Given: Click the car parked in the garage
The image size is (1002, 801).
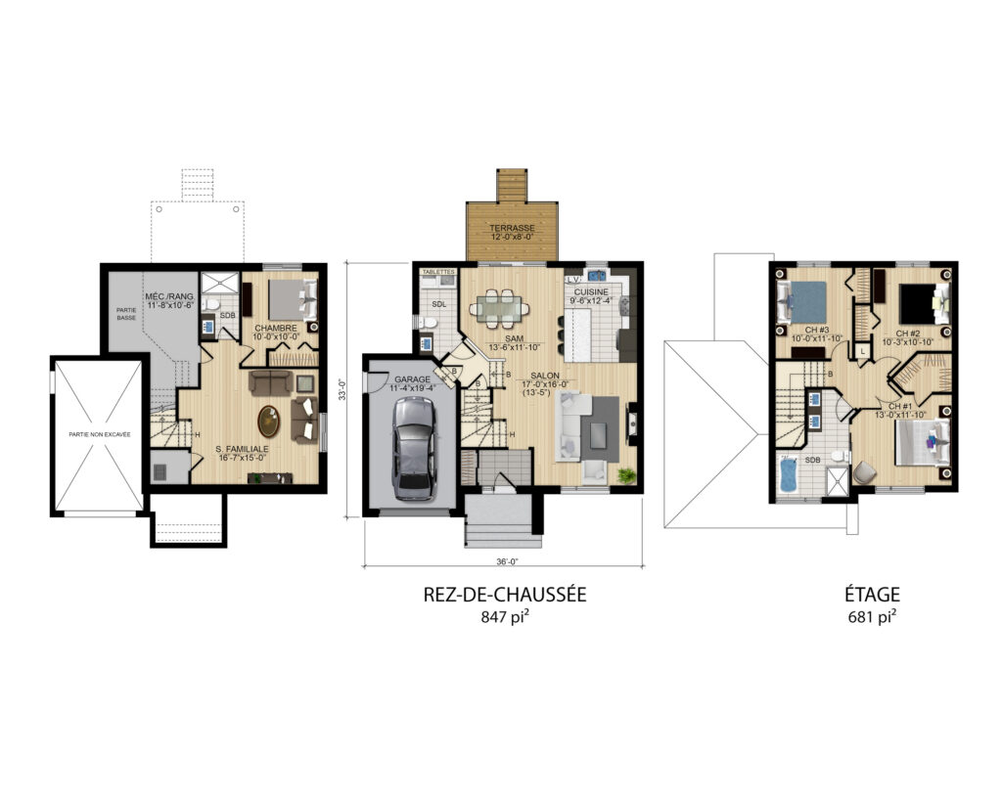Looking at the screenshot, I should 411,448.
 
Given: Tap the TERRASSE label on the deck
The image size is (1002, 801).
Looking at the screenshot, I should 513,228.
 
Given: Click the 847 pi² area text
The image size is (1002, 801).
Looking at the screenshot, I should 504,617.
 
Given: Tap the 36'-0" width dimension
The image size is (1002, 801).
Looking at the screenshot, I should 504,562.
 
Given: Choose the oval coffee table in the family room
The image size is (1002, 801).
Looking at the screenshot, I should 268,422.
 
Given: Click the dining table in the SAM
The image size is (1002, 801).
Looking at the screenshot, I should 500,309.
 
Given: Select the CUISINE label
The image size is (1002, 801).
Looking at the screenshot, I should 592,292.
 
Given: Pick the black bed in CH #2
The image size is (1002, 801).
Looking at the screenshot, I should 917,302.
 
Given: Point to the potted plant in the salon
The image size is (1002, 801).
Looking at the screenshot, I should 625,476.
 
